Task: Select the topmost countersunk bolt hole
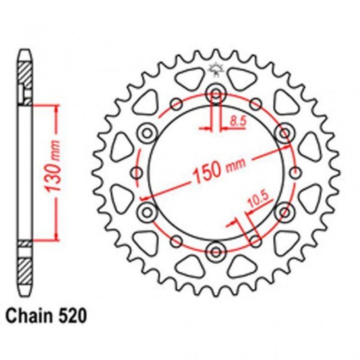tap(216, 95)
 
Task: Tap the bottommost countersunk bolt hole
tap(216, 250)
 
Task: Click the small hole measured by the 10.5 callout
tap(256, 239)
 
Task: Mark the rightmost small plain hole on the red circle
tap(296, 172)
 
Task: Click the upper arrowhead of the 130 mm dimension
tap(55, 108)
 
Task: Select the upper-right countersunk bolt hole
tap(283, 133)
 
